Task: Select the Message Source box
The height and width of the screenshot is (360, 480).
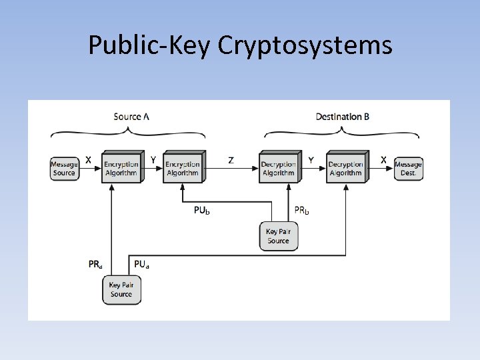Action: point(64,168)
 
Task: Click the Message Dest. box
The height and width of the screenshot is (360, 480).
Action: point(408,168)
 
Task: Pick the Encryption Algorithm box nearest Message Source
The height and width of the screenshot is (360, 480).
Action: point(121,167)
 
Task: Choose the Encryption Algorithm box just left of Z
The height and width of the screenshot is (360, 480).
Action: point(183,167)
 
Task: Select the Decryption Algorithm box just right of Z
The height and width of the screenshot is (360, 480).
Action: point(278,167)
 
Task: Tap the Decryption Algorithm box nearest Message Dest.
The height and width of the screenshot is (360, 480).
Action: point(345,167)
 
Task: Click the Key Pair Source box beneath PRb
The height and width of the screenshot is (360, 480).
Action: point(278,236)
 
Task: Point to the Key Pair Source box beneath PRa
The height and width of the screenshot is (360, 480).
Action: point(121,289)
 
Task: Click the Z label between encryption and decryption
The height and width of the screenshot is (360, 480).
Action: point(231,160)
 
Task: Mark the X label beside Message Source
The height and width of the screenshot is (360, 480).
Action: point(88,160)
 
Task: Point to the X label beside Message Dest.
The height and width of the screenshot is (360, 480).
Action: point(383,160)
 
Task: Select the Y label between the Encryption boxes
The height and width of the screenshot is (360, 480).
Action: point(153,160)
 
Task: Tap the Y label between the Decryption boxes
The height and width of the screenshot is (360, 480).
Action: point(311,160)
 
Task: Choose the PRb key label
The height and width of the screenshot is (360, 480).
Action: point(303,211)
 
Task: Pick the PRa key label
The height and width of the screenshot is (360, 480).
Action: point(96,264)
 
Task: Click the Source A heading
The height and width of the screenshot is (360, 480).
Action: point(131,117)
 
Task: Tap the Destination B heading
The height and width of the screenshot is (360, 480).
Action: point(343,117)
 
